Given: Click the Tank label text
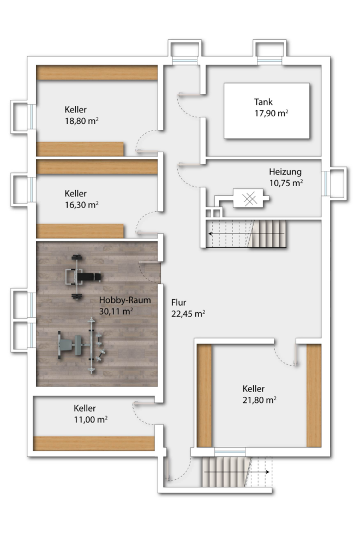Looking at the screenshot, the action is [263, 102].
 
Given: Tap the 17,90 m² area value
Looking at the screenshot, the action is [271, 114].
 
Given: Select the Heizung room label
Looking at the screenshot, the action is [285, 172].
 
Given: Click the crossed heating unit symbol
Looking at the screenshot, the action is [250, 199].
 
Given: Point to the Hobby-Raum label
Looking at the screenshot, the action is [125, 300].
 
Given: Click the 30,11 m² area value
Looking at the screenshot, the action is [116, 311].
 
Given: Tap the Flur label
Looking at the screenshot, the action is [179, 302].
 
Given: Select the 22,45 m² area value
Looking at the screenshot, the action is [188, 314].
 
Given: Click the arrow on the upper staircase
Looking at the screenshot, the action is [247, 234].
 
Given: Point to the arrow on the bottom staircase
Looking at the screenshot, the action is [236, 472].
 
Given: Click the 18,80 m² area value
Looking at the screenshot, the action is [81, 121].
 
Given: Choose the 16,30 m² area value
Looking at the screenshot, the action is [81, 205].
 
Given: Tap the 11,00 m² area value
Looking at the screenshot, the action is [91, 420].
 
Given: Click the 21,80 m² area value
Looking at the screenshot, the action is [260, 400].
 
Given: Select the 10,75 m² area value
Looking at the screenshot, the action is [286, 183].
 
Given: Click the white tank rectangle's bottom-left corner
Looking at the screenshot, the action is [224, 138].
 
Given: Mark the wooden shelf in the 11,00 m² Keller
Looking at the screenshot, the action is [94, 443].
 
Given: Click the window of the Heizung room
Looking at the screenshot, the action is [326, 183].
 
